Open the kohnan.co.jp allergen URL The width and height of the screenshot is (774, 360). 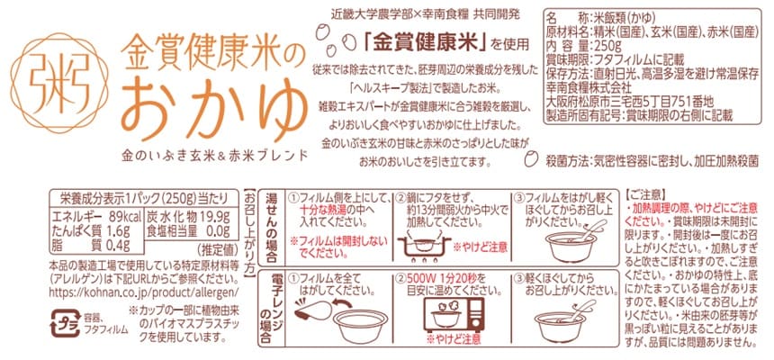pyautogui.click(x=145, y=292)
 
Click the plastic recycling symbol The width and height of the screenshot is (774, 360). pyautogui.click(x=65, y=323)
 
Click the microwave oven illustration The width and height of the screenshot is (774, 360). pyautogui.click(x=454, y=315)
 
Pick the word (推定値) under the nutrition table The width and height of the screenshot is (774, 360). pyautogui.click(x=213, y=247)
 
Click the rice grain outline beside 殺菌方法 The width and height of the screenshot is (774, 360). pyautogui.click(x=530, y=159)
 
